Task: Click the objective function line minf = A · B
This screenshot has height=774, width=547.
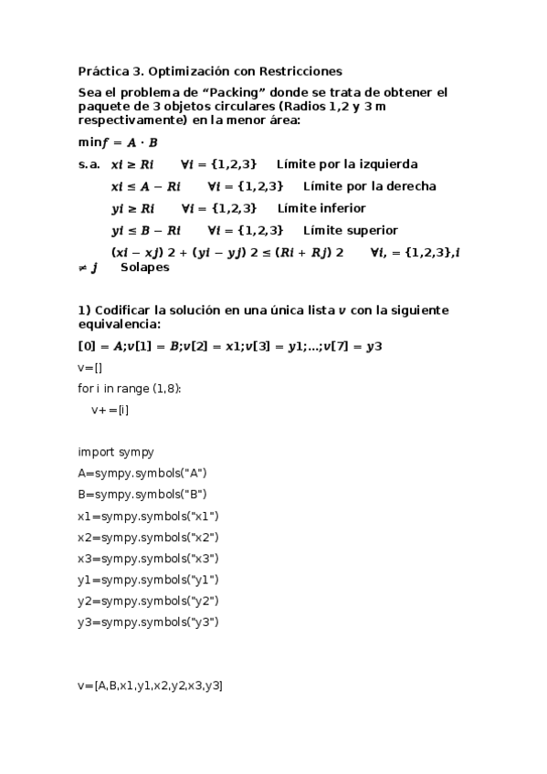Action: point(118,142)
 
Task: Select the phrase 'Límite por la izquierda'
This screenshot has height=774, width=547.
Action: point(347,164)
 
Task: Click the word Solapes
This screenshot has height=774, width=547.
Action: point(144,267)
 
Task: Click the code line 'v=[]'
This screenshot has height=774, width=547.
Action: point(89,367)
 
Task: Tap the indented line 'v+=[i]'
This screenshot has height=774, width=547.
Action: point(110,410)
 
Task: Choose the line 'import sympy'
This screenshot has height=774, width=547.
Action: point(116,452)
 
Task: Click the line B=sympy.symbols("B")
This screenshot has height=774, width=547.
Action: point(142,495)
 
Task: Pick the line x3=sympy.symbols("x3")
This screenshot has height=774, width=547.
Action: point(148,559)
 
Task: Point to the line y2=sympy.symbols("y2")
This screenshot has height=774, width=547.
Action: point(148,601)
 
